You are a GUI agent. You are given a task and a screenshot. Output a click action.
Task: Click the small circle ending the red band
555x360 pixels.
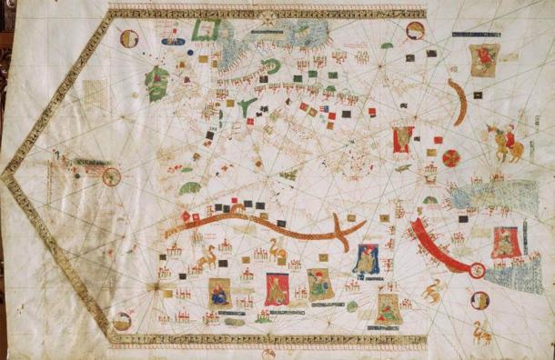tap(476, 269)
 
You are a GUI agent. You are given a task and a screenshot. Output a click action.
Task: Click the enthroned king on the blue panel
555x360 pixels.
tap(367, 259)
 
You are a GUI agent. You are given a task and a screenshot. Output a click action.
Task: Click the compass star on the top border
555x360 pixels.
tap(268, 15)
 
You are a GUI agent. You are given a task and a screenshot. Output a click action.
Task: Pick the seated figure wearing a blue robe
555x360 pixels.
tap(220, 292)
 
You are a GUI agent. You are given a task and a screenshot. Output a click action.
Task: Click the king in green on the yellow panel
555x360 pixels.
tap(318, 283)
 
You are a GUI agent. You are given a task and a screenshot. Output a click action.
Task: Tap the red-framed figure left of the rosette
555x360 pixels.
tap(400, 140)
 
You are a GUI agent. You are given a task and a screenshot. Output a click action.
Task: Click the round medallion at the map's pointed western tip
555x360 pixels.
tap(111, 175)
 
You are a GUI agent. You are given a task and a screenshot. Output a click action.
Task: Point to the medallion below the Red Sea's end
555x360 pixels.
tap(479, 299)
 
